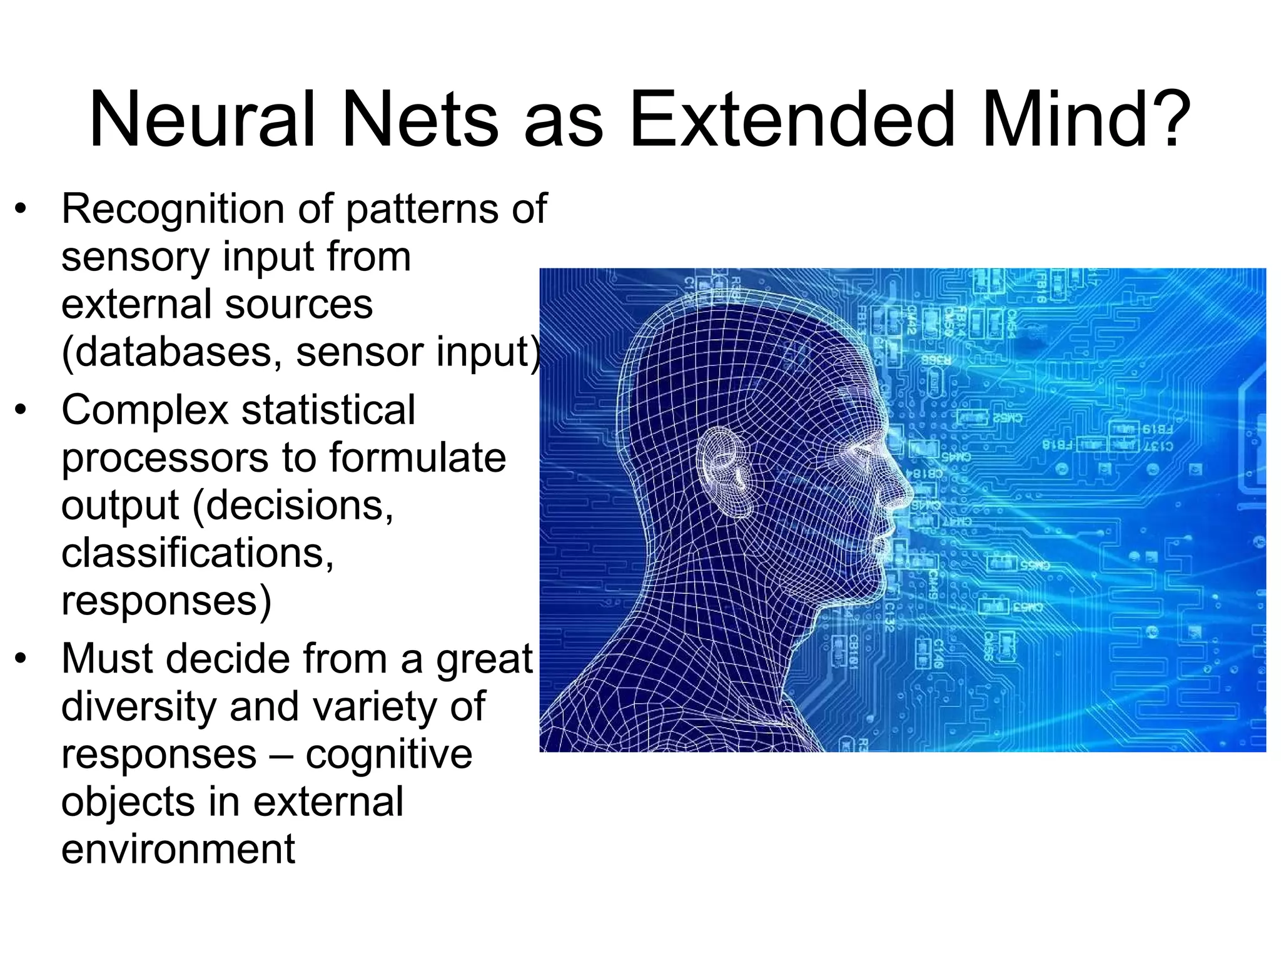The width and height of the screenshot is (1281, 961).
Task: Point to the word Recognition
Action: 173,210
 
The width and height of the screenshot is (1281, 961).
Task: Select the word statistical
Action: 328,410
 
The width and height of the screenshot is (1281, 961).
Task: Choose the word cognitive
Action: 388,755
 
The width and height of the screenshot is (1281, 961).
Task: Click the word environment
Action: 178,850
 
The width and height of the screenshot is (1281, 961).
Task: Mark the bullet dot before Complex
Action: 22,411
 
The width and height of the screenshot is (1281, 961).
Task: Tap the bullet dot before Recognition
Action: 22,209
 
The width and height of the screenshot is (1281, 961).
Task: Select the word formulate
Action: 417,458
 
